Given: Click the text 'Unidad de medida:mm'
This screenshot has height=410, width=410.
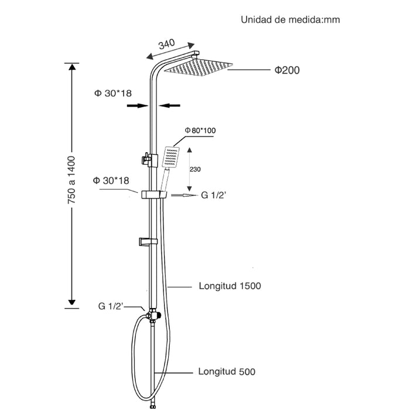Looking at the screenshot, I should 290,20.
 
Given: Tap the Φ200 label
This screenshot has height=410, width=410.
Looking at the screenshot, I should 287,70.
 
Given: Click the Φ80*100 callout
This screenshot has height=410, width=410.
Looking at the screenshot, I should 199,130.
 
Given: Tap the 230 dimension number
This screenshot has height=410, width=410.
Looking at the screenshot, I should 195,169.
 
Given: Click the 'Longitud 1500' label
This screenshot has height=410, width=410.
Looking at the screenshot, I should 230,286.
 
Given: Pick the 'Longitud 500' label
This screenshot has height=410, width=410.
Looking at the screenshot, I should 226,371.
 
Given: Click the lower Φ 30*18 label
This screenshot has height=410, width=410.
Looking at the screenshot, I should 111,180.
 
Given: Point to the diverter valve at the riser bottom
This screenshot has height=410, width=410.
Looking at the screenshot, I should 153,316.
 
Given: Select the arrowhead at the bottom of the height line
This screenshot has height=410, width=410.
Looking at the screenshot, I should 71,302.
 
